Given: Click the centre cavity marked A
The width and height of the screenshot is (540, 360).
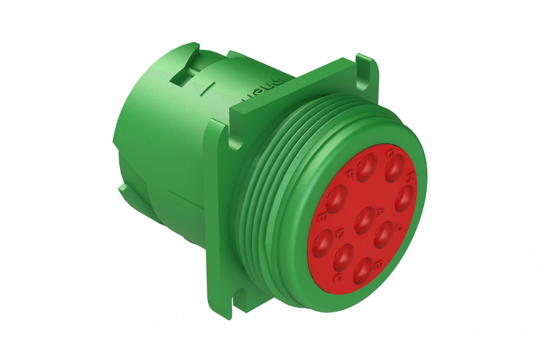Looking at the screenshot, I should click(x=364, y=220).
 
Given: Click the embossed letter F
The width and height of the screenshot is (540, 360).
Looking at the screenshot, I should click(x=351, y=172).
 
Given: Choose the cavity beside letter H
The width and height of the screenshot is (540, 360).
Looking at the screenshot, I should click(x=404, y=198).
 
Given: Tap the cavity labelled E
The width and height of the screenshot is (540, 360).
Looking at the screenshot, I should click(x=336, y=199).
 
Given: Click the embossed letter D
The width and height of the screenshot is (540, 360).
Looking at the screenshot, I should click(x=340, y=234).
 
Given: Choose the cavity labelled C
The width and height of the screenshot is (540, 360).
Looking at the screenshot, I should click(x=343, y=257).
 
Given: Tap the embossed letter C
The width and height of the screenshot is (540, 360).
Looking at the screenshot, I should click(x=338, y=277).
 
